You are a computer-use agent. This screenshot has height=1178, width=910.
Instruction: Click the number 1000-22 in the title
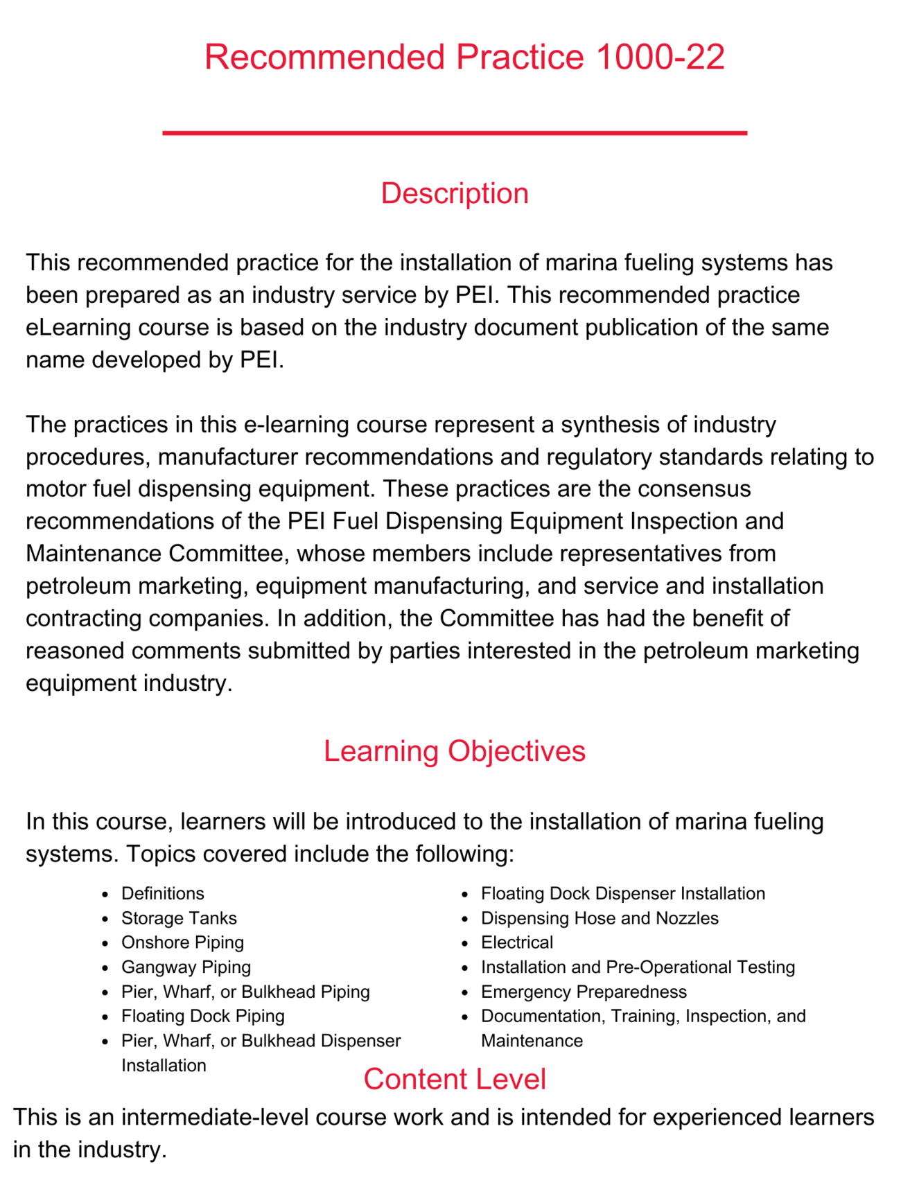(x=660, y=57)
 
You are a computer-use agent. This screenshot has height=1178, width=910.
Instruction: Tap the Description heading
(x=455, y=193)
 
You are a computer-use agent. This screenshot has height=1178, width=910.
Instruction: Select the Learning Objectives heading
(x=455, y=751)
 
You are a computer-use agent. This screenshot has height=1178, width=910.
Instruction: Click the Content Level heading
(x=455, y=1079)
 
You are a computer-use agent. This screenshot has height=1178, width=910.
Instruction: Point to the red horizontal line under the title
(x=455, y=132)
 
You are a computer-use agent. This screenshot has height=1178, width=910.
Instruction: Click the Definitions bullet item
(x=163, y=894)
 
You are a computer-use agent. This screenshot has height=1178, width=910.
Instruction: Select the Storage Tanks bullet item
(x=179, y=918)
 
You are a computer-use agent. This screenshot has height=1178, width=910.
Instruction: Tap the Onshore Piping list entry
(x=182, y=942)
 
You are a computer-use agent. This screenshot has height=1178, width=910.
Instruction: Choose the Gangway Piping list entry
(x=186, y=967)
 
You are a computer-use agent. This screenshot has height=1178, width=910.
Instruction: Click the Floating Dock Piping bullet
(x=202, y=1016)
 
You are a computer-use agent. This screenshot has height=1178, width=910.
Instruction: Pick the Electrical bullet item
(x=517, y=942)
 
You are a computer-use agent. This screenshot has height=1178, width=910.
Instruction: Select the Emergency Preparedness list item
(x=584, y=992)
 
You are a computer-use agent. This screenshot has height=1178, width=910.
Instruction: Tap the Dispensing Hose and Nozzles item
(x=600, y=918)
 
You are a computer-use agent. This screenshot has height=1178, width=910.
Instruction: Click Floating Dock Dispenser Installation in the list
(x=623, y=894)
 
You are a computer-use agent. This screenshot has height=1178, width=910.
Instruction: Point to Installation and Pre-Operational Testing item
(x=638, y=967)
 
